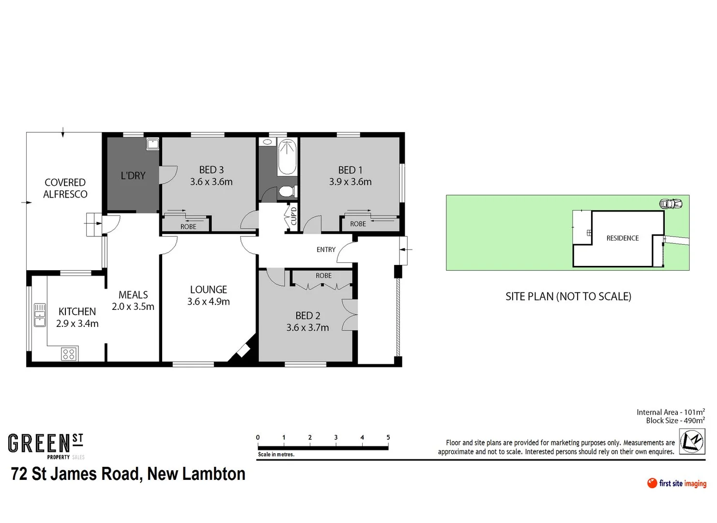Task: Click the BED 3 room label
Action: pyautogui.click(x=211, y=170)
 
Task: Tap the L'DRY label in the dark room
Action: pyautogui.click(x=133, y=176)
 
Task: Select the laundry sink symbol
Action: pyautogui.click(x=153, y=144)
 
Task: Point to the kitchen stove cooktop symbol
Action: pyautogui.click(x=69, y=354)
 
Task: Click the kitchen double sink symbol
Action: pyautogui.click(x=40, y=315)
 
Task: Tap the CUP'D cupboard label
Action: pyautogui.click(x=293, y=215)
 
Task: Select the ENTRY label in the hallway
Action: pyautogui.click(x=326, y=249)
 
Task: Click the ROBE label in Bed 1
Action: pyautogui.click(x=358, y=224)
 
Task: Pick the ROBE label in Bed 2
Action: pyautogui.click(x=323, y=276)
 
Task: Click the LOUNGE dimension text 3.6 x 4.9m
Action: pyautogui.click(x=209, y=302)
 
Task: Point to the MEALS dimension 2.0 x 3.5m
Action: pyautogui.click(x=133, y=307)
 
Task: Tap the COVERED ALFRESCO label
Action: pyautogui.click(x=65, y=188)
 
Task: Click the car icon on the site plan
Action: pyautogui.click(x=671, y=204)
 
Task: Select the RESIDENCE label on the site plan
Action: pyautogui.click(x=622, y=238)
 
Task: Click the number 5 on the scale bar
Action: pyautogui.click(x=388, y=437)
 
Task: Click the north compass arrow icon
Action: pyautogui.click(x=691, y=442)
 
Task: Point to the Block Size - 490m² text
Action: pyautogui.click(x=675, y=420)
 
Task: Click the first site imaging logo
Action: pyautogui.click(x=676, y=483)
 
